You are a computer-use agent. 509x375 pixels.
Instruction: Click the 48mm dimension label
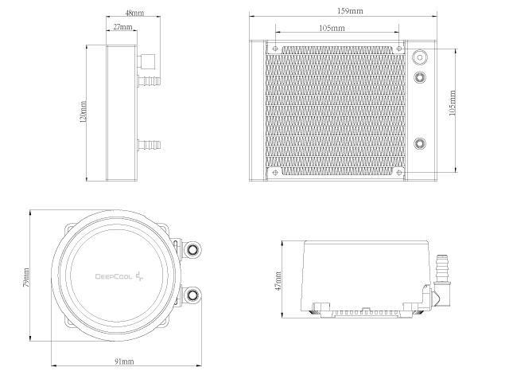[134, 13]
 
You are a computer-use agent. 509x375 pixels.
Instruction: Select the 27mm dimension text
[122, 26]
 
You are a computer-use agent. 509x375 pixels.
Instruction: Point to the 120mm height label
[83, 111]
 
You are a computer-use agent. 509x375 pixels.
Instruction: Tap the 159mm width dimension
[350, 10]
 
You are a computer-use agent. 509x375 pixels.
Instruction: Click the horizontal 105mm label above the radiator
[332, 28]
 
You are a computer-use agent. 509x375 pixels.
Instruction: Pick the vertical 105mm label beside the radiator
[453, 103]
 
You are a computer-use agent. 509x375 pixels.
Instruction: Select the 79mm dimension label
[26, 278]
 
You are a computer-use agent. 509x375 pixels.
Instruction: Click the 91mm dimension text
[124, 361]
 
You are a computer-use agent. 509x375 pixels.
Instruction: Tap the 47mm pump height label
[278, 281]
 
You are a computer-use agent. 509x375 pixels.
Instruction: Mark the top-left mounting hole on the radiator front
[276, 49]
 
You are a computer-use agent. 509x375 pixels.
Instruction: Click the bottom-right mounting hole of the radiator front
[399, 172]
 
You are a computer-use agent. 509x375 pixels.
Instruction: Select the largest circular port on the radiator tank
[420, 57]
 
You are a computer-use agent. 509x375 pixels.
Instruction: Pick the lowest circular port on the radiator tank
[420, 143]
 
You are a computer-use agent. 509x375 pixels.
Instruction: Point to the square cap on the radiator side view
[146, 61]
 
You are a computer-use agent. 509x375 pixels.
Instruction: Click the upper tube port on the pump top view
[192, 249]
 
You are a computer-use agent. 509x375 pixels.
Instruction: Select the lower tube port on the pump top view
[192, 295]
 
